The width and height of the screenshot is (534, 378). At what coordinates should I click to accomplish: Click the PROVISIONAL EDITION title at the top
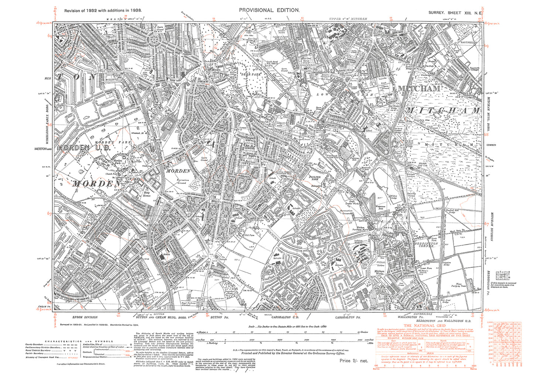click(269, 10)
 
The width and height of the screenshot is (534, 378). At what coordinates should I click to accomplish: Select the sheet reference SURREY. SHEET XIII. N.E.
click(455, 13)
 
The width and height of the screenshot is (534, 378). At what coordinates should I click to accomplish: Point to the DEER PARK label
click(252, 74)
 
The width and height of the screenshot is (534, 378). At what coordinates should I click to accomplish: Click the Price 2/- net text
click(354, 360)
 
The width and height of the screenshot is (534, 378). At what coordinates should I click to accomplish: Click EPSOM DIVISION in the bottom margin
click(85, 317)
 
